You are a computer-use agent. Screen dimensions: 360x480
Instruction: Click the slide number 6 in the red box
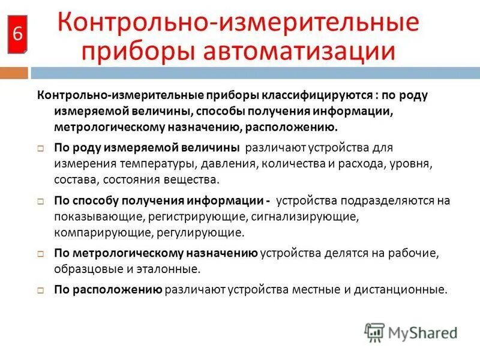pyautogui.click(x=17, y=34)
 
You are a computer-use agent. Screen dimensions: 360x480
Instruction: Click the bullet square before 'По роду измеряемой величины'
pyautogui.click(x=41, y=148)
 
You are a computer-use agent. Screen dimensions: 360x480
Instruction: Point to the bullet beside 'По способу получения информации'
pyautogui.click(x=41, y=201)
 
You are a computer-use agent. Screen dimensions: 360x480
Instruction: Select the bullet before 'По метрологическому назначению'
pyautogui.click(x=41, y=254)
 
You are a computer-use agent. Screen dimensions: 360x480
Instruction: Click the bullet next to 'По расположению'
pyautogui.click(x=41, y=290)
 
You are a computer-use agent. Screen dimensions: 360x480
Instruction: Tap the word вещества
pyautogui.click(x=193, y=178)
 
